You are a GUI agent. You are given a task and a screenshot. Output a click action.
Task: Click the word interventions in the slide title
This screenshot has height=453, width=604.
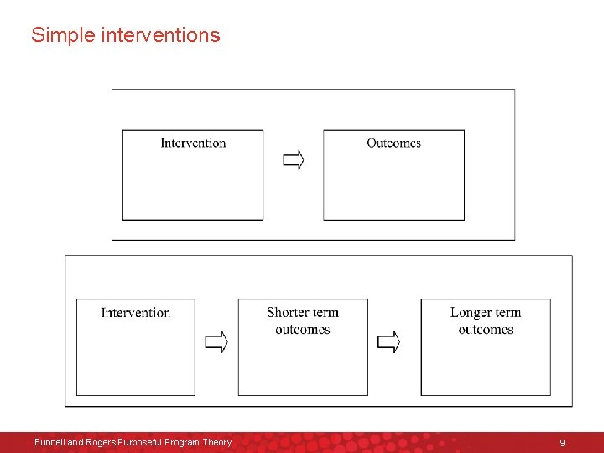tap(160, 35)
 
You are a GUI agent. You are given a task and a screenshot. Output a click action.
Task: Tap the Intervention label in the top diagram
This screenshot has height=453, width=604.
tap(193, 143)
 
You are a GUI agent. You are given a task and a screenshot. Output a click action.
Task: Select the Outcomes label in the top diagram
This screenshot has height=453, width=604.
tap(393, 143)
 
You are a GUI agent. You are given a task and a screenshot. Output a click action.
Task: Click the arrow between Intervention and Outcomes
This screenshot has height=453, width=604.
tap(293, 159)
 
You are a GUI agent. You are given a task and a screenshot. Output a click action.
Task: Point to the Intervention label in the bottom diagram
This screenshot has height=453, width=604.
tap(135, 313)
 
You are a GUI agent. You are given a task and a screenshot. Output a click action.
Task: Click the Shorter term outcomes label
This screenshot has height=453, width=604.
tap(303, 321)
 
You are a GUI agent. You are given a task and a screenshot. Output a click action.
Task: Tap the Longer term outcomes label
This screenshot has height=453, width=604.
tap(486, 321)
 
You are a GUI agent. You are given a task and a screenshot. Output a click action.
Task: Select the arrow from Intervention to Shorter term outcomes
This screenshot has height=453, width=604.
tap(216, 342)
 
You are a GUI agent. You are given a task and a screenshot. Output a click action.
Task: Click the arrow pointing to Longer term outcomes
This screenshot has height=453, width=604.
tap(388, 342)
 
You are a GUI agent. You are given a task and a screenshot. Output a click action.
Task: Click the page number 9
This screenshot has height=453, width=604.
tap(562, 442)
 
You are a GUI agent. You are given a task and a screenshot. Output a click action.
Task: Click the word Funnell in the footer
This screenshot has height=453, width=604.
tap(49, 442)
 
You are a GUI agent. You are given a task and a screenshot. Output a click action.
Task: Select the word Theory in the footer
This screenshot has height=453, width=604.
tap(216, 442)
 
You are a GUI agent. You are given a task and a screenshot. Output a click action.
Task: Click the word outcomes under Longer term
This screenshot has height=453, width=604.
tap(486, 330)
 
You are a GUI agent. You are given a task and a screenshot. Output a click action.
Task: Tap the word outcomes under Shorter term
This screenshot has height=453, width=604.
tap(303, 330)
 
